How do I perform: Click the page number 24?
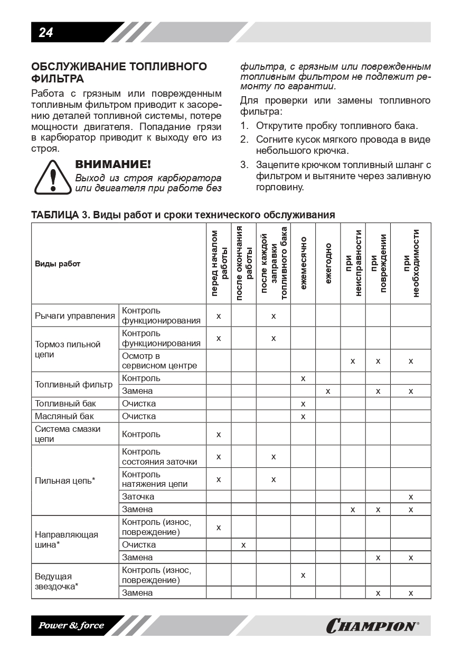click(46, 33)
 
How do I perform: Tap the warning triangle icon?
click(52, 177)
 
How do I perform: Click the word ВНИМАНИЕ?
click(113, 164)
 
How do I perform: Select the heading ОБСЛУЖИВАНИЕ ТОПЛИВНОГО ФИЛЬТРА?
click(119, 72)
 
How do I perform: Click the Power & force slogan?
click(71, 626)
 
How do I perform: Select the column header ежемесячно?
click(303, 263)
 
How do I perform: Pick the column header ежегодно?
click(328, 263)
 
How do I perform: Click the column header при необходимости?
click(411, 263)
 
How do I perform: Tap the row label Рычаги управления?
click(75, 316)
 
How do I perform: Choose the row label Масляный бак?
click(64, 416)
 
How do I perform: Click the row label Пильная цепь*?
click(65, 481)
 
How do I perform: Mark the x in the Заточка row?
click(411, 497)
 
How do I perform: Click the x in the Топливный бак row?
click(303, 404)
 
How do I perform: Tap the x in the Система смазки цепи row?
click(219, 435)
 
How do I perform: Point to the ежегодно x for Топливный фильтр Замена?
click(328, 391)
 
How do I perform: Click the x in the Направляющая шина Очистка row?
click(243, 544)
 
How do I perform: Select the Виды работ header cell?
click(58, 264)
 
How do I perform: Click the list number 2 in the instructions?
click(244, 140)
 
